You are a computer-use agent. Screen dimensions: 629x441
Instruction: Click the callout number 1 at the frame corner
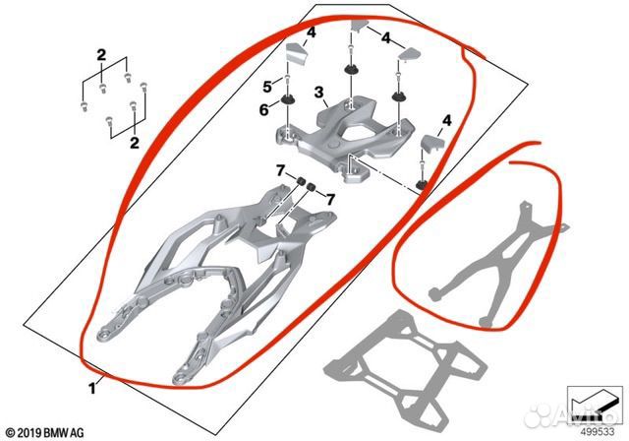pyautogui.click(x=92, y=388)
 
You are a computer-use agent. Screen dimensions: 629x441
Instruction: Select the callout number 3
pyautogui.click(x=318, y=93)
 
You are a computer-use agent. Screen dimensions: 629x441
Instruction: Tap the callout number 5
pyautogui.click(x=267, y=87)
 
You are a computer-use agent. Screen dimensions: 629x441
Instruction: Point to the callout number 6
pyautogui.click(x=264, y=109)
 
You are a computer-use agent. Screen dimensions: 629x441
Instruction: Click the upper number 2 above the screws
pyautogui.click(x=101, y=55)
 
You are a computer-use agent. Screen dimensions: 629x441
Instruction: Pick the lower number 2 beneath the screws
pyautogui.click(x=135, y=143)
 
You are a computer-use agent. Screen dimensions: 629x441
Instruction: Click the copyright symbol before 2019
pyautogui.click(x=11, y=433)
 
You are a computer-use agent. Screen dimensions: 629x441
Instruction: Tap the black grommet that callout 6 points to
pyautogui.click(x=288, y=98)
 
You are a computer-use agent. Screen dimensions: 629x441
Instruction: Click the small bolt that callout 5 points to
pyautogui.click(x=288, y=80)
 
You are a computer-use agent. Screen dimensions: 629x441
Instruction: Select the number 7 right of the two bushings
pyautogui.click(x=330, y=199)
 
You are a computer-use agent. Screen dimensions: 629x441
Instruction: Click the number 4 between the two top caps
pyautogui.click(x=385, y=38)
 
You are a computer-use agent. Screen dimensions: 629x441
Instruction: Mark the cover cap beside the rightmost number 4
pyautogui.click(x=432, y=143)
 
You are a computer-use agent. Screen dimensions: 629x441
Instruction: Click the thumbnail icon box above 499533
pyautogui.click(x=595, y=406)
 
